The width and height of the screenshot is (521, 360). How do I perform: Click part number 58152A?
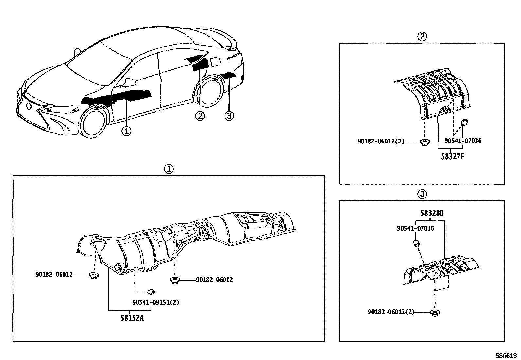(x=132, y=318)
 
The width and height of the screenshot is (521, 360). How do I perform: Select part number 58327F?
(x=453, y=156)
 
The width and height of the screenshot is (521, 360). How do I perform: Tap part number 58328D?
(x=432, y=213)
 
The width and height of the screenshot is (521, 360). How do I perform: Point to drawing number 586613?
(x=506, y=355)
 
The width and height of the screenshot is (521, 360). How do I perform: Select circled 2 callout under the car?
(x=200, y=115)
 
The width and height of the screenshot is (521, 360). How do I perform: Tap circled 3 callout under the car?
(x=229, y=115)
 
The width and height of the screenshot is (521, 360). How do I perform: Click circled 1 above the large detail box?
(x=168, y=169)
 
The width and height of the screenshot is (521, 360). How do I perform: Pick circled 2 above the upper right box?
(x=422, y=36)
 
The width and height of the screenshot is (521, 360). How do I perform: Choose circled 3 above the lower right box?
(x=422, y=194)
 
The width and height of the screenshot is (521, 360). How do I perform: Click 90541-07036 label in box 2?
(x=463, y=141)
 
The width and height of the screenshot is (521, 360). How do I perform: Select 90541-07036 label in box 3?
(x=415, y=228)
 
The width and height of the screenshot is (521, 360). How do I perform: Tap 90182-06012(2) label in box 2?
(x=381, y=141)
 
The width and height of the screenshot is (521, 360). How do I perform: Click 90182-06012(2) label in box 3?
(x=391, y=312)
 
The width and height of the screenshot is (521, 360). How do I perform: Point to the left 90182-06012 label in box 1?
(x=54, y=275)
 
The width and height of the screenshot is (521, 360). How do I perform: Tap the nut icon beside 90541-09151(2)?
(x=151, y=292)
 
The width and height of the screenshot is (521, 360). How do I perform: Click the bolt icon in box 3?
(x=435, y=313)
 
